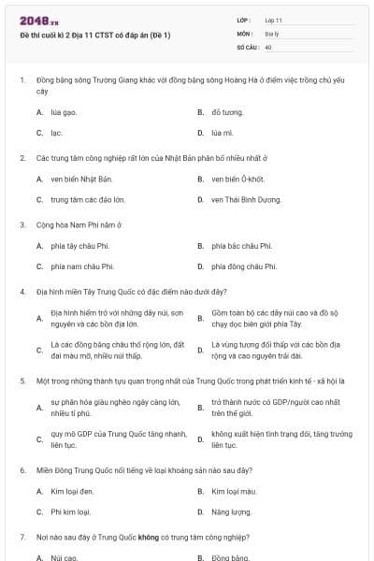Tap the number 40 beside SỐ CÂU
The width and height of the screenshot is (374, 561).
point(268,46)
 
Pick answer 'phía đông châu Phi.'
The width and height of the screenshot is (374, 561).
point(244,266)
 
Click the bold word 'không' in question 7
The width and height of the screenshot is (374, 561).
point(148,539)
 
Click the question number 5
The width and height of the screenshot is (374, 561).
point(22,381)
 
